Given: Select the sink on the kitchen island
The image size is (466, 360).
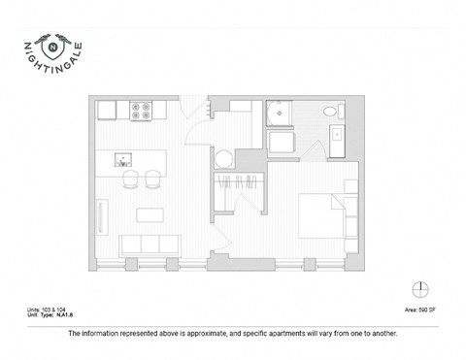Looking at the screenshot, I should coord(122,156).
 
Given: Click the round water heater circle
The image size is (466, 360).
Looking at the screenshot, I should coord(224,158).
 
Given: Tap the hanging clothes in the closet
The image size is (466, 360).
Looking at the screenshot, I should coord(238,183).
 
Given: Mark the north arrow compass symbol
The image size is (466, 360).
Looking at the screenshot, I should coord(420,288).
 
